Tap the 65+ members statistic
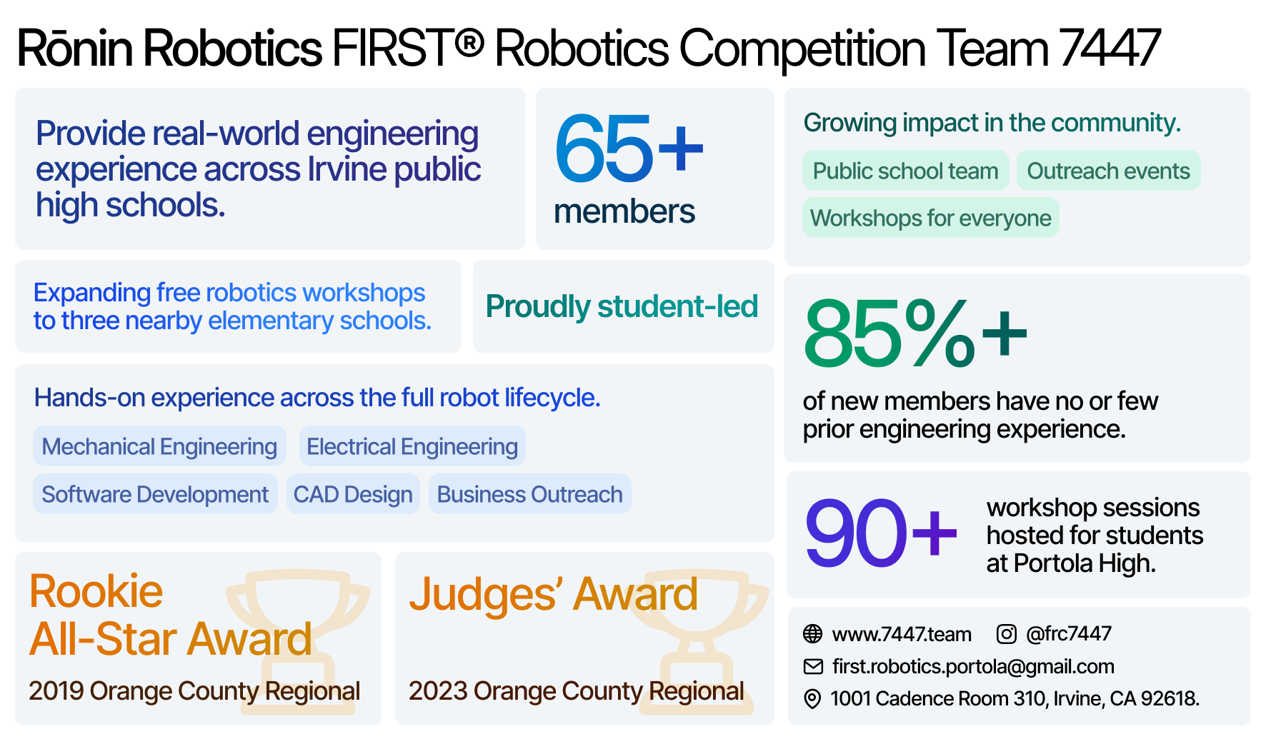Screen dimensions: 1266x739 pyautogui.click(x=629, y=170)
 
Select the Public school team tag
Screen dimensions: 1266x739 pyautogui.click(x=905, y=171)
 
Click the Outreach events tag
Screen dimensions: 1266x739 pyautogui.click(x=1108, y=171)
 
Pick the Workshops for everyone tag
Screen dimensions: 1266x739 pyautogui.click(x=930, y=218)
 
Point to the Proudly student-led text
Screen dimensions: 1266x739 pyautogui.click(x=622, y=306)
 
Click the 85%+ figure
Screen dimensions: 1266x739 pyautogui.click(x=915, y=333)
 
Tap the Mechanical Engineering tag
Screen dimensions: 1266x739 pyautogui.click(x=159, y=446)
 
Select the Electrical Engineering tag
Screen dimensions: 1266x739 pyautogui.click(x=412, y=446)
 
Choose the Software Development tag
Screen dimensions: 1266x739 pyautogui.click(x=155, y=494)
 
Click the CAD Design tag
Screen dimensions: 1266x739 pyautogui.click(x=353, y=494)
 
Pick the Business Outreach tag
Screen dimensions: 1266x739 pyautogui.click(x=529, y=494)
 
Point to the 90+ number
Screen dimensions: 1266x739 pyautogui.click(x=881, y=533)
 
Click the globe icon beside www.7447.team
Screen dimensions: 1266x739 pyautogui.click(x=812, y=633)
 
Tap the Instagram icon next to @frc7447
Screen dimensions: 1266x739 pyautogui.click(x=1006, y=633)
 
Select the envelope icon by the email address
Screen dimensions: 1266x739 pyautogui.click(x=813, y=666)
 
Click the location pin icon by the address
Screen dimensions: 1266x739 pyautogui.click(x=812, y=698)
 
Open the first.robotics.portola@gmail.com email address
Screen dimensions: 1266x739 pyautogui.click(x=973, y=666)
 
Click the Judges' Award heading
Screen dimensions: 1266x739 pyautogui.click(x=553, y=594)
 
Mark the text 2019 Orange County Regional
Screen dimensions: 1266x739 pyautogui.click(x=194, y=691)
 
